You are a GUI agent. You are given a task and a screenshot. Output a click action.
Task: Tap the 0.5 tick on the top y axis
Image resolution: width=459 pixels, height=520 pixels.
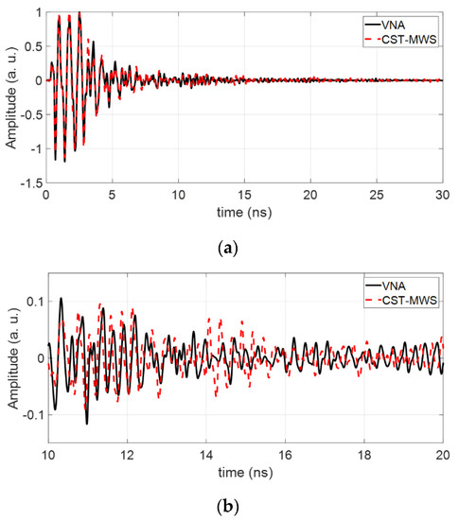(33, 46)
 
